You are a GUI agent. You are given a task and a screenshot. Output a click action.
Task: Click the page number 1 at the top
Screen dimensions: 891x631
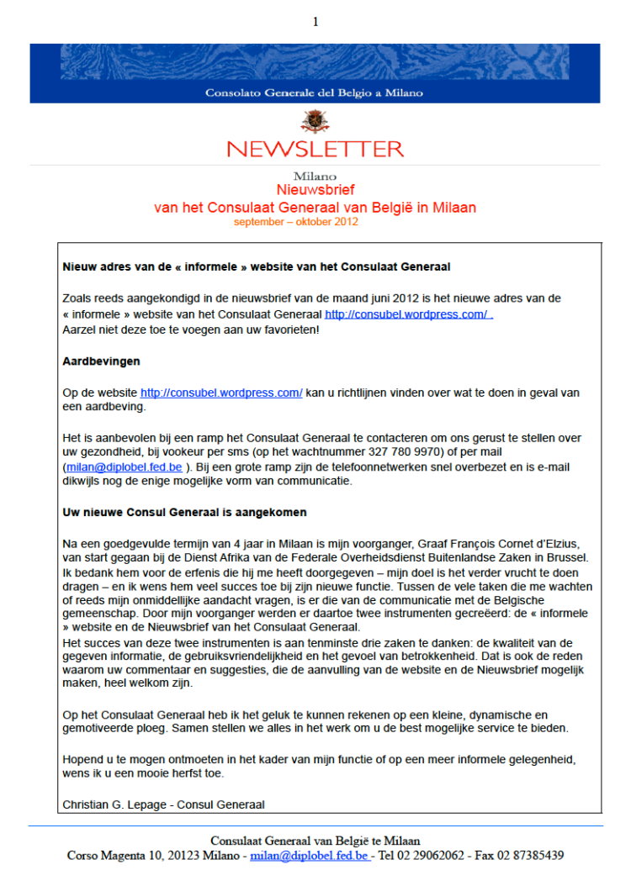[315, 22]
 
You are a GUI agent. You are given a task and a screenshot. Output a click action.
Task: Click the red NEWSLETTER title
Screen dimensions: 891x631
[315, 150]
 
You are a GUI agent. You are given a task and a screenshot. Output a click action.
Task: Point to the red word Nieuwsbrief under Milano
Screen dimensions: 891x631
[315, 191]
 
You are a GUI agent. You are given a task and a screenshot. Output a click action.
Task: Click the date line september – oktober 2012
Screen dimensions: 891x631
[296, 222]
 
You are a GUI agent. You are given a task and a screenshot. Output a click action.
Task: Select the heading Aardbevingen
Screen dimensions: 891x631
[101, 361]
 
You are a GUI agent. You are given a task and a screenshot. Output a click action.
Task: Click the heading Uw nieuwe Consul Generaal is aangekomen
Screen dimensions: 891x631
[184, 512]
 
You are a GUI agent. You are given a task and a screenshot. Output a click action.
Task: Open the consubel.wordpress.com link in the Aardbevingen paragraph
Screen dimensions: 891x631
[221, 393]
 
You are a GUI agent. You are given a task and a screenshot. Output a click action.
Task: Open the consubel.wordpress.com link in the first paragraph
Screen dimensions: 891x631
[407, 314]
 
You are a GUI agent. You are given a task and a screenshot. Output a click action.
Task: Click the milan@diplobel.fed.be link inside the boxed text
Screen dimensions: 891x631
[123, 467]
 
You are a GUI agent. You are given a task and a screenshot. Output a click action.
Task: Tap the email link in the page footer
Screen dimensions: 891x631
[309, 856]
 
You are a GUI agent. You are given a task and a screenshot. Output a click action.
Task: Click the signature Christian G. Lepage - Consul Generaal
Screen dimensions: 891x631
[163, 804]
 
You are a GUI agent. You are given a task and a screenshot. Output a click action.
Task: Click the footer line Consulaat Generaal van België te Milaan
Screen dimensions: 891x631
[315, 841]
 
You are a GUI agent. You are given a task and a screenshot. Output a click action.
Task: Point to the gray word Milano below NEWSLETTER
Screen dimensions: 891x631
[315, 177]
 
